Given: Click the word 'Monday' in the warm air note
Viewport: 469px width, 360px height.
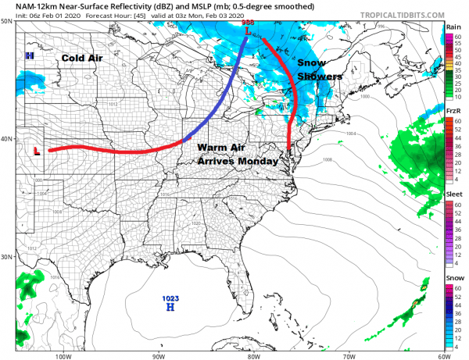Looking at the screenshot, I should click(x=257, y=161).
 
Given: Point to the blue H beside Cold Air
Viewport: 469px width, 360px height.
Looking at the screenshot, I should click(x=29, y=56).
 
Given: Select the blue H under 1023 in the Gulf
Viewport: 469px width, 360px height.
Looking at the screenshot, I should click(x=170, y=308).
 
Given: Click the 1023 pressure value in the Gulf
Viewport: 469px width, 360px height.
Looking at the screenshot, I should click(x=170, y=298).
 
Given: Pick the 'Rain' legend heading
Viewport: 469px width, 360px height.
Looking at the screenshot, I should click(x=453, y=27).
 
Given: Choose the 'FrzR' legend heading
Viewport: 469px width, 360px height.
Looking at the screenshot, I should click(x=453, y=111).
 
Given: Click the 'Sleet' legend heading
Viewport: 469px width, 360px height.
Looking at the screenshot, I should click(x=453, y=194).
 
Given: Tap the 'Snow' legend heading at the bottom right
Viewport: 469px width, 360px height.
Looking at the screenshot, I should click(x=453, y=277).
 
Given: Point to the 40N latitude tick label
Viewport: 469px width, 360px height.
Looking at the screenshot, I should click(x=7, y=139).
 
